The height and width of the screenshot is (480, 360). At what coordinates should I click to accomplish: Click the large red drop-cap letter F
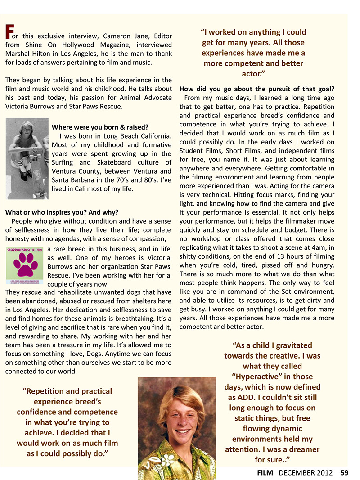click(9, 31)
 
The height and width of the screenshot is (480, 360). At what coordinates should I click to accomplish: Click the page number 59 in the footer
click(345, 472)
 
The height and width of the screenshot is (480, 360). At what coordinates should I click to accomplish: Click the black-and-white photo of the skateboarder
click(27, 158)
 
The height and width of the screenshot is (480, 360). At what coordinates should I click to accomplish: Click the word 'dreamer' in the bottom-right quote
click(301, 449)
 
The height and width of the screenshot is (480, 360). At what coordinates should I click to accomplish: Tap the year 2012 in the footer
click(325, 472)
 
